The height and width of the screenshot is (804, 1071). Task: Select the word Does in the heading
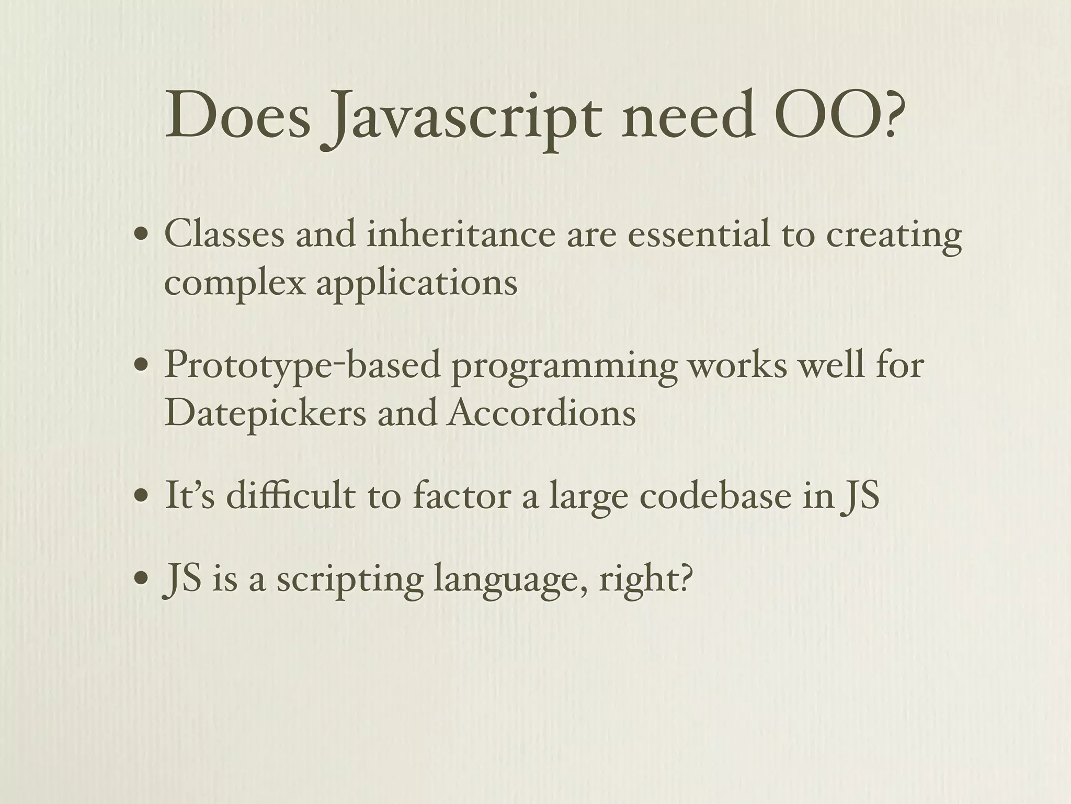point(237,115)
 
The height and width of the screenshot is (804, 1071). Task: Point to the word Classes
point(224,234)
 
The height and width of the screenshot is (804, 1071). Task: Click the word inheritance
point(461,234)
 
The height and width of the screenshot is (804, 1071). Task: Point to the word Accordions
point(541,414)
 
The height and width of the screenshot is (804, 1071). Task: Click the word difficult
point(291,495)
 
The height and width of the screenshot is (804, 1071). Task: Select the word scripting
point(350,581)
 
